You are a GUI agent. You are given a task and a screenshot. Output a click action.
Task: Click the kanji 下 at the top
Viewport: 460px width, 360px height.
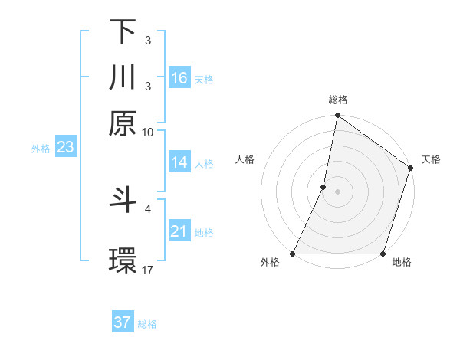click(x=123, y=32)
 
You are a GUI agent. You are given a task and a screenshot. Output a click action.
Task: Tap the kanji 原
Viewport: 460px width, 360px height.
click(x=123, y=123)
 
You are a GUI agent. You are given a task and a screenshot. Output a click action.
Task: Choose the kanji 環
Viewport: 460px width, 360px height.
click(x=123, y=260)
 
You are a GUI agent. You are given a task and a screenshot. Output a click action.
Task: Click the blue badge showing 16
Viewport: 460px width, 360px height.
click(x=179, y=78)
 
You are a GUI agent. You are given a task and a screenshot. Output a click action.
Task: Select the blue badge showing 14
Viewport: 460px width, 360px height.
click(x=179, y=162)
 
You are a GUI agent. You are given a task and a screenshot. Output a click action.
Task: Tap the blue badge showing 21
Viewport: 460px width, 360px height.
click(x=179, y=231)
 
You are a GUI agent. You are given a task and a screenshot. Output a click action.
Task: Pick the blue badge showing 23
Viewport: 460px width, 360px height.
click(x=65, y=148)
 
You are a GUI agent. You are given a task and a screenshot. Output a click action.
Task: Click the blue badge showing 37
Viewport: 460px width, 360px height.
click(x=123, y=322)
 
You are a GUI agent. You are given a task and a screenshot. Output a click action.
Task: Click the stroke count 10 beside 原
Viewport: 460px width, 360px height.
click(x=148, y=132)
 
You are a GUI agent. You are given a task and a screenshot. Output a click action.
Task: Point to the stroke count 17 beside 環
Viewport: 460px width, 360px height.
click(x=148, y=270)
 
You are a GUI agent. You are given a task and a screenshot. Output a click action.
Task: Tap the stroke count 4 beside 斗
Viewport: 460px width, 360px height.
click(x=148, y=208)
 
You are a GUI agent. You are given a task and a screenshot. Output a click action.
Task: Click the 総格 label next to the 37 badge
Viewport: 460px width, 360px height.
click(x=147, y=324)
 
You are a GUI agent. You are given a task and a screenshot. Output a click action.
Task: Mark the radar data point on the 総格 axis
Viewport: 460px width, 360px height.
click(x=337, y=116)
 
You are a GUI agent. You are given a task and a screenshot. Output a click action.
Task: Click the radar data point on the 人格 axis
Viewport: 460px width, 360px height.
click(x=324, y=187)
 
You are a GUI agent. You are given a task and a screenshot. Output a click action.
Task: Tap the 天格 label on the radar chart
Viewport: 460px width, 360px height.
click(x=431, y=159)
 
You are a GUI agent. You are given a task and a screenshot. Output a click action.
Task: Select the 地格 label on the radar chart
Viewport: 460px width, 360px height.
click(x=402, y=263)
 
